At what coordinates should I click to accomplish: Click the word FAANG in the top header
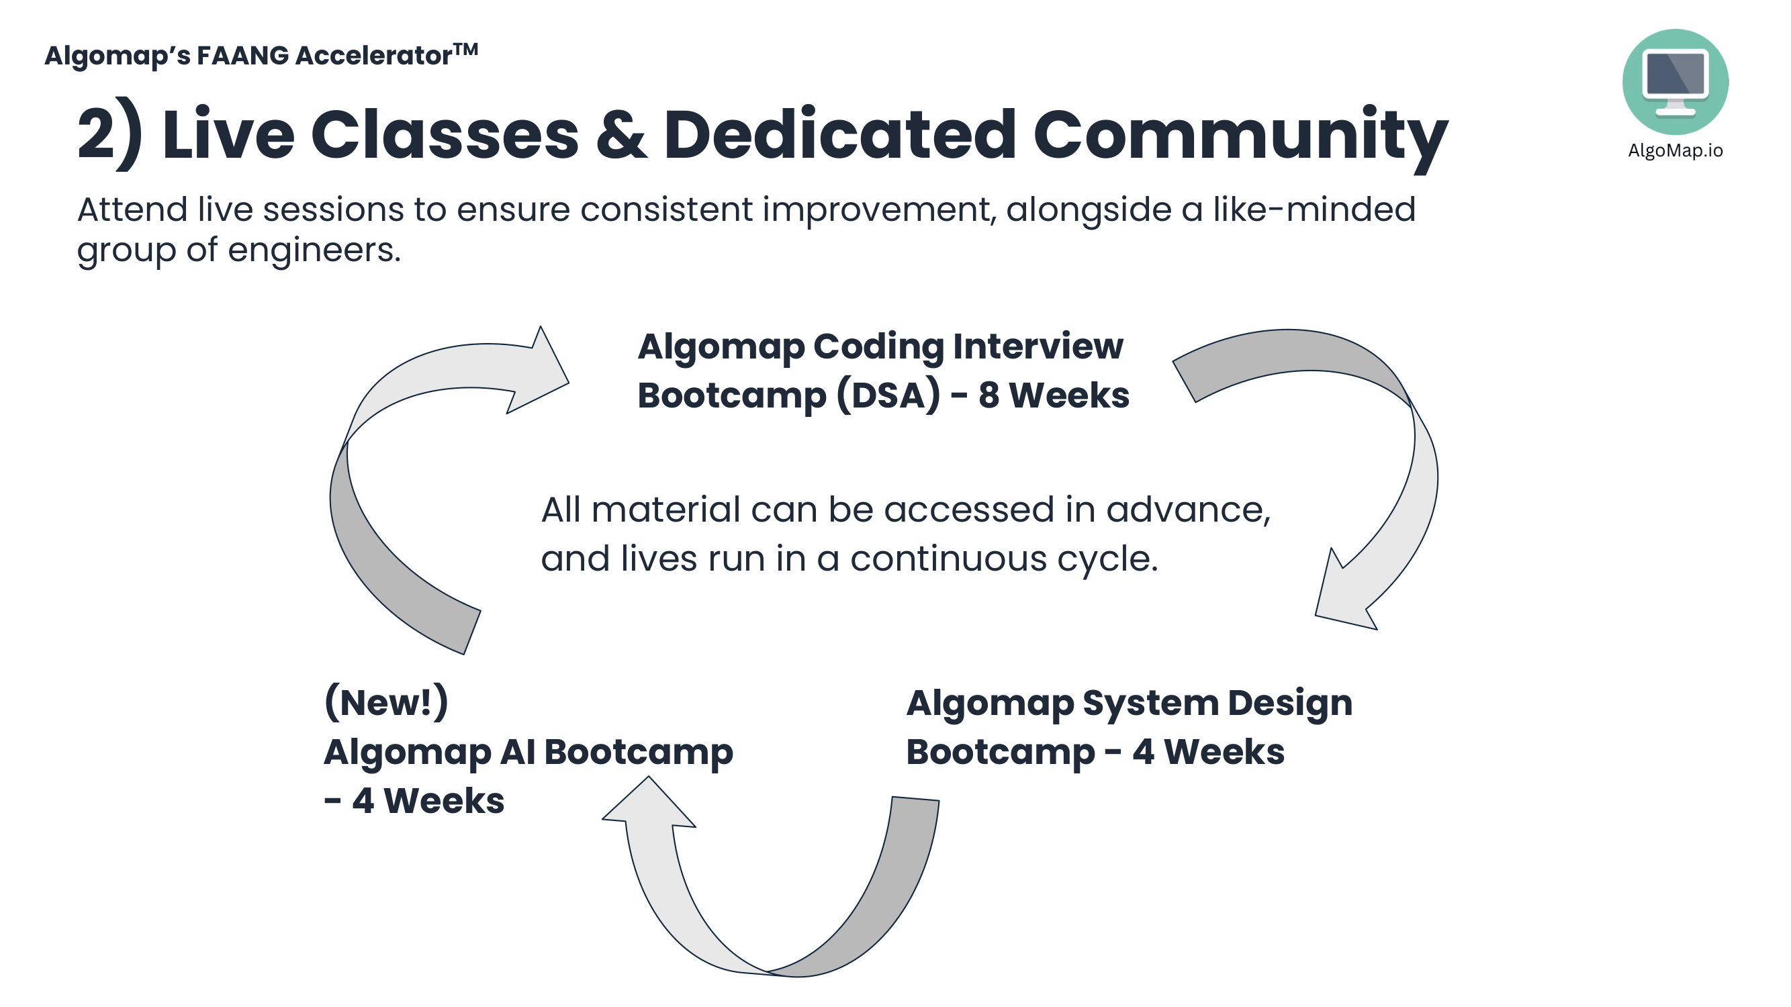coord(242,56)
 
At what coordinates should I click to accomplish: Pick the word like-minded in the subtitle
coord(1314,209)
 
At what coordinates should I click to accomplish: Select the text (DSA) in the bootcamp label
coord(888,395)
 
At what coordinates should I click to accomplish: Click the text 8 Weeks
coord(1054,395)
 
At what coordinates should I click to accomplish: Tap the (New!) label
coord(386,702)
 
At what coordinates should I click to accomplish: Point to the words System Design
coord(1217,703)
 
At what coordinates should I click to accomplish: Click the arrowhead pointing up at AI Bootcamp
coord(649,805)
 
